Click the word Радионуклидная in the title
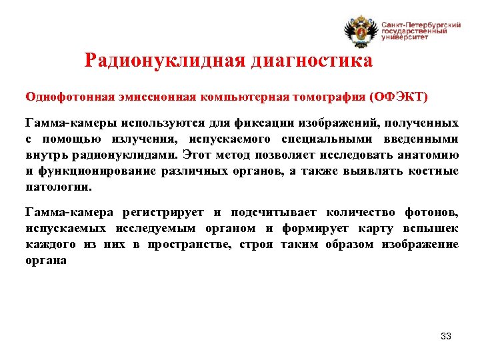coord(165,61)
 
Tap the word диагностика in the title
coord(311,61)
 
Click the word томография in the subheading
coord(329,96)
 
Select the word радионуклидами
coord(127,155)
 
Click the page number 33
coord(446,336)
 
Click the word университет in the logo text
coord(405,38)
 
